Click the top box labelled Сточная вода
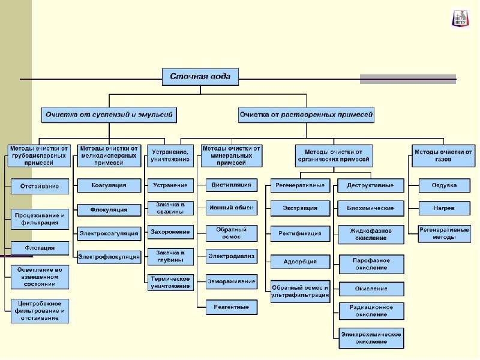pos(200,77)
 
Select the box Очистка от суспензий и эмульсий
pos(109,115)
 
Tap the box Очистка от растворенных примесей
pos(306,115)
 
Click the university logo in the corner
pos(460,19)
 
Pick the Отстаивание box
pos(40,187)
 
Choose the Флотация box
pos(40,248)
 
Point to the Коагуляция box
pos(109,185)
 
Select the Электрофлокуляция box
pos(109,257)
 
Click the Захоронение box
pos(170,232)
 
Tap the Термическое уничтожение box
pos(170,283)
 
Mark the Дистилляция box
pos(232,185)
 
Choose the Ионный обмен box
pos(232,208)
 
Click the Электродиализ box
pos(232,257)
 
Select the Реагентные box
pos(232,307)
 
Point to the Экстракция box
pos(301,208)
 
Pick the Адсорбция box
pos(301,262)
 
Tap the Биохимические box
pos(371,208)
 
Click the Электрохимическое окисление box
pos(371,338)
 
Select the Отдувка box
pos(444,185)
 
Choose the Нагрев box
pos(444,208)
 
